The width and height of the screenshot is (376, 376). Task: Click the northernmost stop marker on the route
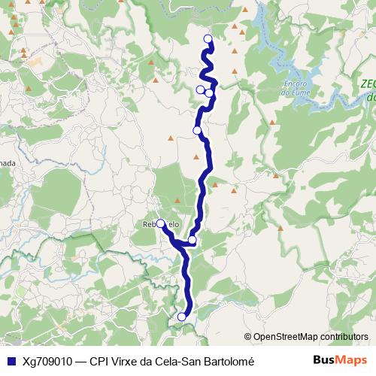(208, 39)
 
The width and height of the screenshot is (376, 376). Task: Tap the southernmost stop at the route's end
(181, 317)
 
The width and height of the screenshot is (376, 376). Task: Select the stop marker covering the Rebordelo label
(161, 223)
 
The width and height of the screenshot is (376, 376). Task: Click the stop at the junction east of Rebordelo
(193, 241)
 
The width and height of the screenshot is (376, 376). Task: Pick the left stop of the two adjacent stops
(200, 90)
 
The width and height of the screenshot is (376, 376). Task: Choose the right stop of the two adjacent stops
(209, 93)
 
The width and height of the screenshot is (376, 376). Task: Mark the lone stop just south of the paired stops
(197, 130)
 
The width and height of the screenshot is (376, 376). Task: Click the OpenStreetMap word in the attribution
(284, 337)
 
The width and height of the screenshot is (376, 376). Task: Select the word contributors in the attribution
(343, 337)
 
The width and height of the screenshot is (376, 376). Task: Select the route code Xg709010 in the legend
(47, 361)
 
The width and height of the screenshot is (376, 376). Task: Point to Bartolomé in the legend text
(229, 361)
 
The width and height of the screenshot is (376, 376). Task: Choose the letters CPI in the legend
(99, 361)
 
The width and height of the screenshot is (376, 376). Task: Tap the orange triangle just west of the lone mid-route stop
(171, 138)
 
